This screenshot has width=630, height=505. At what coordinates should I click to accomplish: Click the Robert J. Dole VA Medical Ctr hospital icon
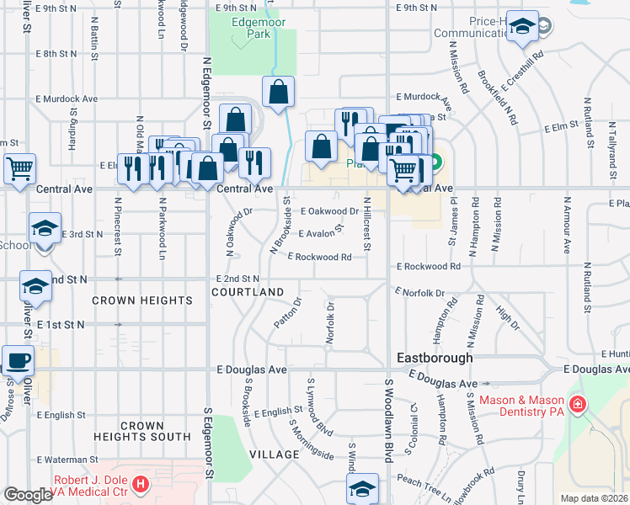coord(141,486)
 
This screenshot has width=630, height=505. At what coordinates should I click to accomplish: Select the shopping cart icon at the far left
coord(19,167)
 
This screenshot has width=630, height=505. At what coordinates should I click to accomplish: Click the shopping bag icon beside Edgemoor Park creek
coord(278,93)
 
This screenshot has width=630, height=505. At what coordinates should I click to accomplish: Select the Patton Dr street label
coord(288,312)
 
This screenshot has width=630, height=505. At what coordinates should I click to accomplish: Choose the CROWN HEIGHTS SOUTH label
coord(142,432)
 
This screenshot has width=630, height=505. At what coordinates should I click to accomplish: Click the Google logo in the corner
coord(28,495)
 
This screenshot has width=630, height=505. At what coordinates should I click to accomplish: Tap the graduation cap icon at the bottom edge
coord(362,488)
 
